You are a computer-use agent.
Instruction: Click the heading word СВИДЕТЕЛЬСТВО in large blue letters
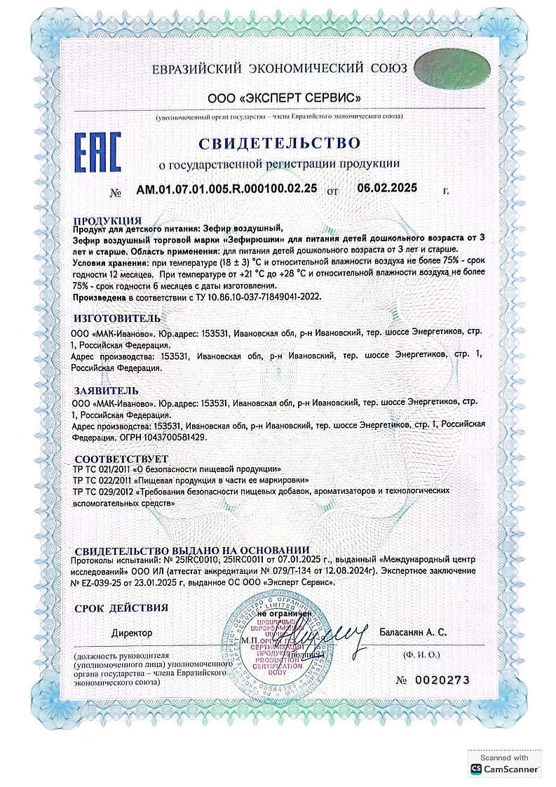(279, 144)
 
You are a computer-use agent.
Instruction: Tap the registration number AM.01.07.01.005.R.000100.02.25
(226, 189)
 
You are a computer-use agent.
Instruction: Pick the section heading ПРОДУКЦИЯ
(108, 220)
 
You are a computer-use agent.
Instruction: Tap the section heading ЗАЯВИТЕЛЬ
(106, 390)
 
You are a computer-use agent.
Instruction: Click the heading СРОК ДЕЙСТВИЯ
(121, 608)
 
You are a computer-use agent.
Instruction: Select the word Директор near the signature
(131, 633)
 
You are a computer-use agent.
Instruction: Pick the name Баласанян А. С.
(413, 632)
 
